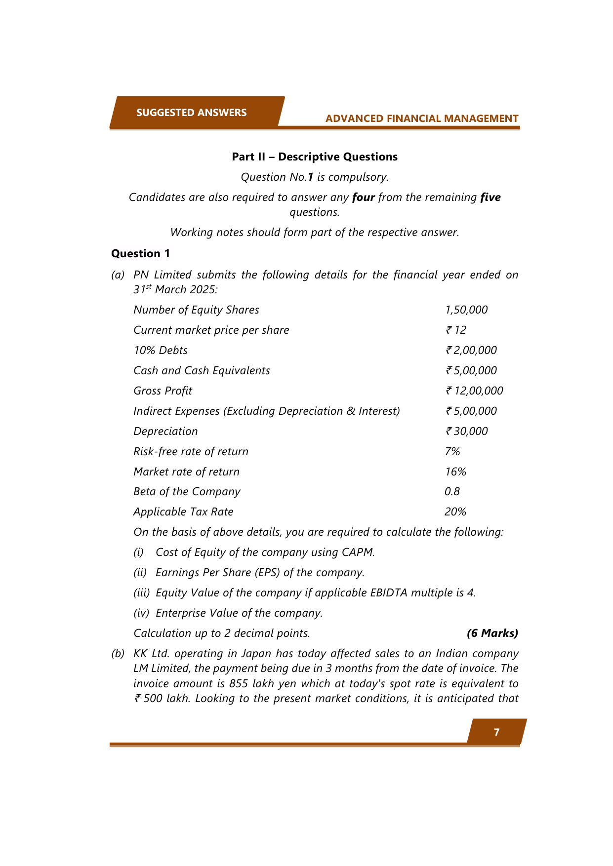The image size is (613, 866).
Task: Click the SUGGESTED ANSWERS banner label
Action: click(x=191, y=113)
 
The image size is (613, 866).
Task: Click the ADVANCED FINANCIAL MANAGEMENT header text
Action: click(x=422, y=118)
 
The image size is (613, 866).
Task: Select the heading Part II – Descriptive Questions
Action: click(x=315, y=157)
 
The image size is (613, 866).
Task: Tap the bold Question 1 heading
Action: click(x=140, y=254)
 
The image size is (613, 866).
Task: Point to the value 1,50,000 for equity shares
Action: click(x=466, y=310)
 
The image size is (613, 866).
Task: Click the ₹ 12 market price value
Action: click(x=456, y=330)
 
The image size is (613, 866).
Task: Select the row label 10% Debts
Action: click(x=161, y=351)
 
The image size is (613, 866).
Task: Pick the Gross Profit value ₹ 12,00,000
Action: click(x=474, y=391)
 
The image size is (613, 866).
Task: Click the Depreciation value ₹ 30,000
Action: click(x=466, y=432)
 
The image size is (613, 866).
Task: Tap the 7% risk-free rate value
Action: click(x=452, y=452)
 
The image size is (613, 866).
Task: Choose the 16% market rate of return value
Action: click(x=455, y=472)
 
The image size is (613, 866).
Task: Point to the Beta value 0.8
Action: click(x=452, y=492)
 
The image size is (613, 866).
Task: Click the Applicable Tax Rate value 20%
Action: click(x=455, y=512)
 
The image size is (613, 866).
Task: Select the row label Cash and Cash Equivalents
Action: click(x=202, y=371)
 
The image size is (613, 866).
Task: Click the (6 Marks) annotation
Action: click(x=492, y=633)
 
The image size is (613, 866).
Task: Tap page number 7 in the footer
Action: click(x=496, y=732)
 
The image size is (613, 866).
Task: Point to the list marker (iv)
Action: click(x=141, y=613)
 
